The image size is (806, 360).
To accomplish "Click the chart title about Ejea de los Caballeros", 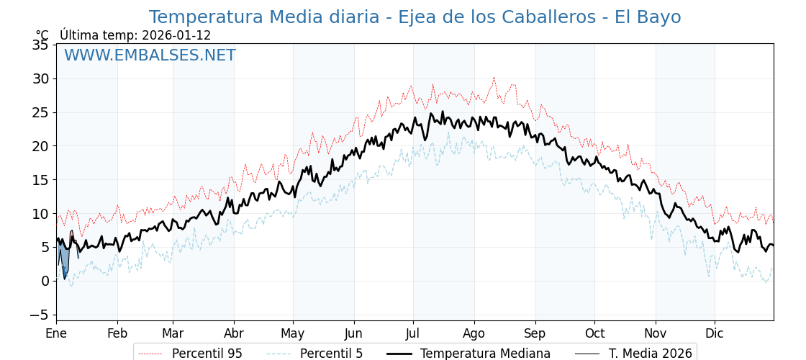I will coord(415,17).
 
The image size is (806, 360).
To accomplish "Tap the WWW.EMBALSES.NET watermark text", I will coord(150,55).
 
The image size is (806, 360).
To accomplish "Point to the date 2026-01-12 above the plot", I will coord(176,35).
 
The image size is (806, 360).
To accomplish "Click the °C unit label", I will coord(42,35).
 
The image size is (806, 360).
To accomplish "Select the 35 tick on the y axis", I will coord(40,45).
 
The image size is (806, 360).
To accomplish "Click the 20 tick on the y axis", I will coord(40,146).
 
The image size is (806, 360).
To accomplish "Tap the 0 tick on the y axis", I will coord(45,281).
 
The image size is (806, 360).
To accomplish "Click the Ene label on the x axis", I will coord(56,333).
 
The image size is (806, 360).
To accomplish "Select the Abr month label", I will coord(234,333).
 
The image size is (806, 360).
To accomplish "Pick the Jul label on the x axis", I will coord(413,333).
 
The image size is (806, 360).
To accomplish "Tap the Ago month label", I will coord(474,333).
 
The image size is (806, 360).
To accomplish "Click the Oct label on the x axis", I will coord(594,333).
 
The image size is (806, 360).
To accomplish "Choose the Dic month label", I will coord(715,333).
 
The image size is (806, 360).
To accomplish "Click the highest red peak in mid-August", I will coord(494,78).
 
